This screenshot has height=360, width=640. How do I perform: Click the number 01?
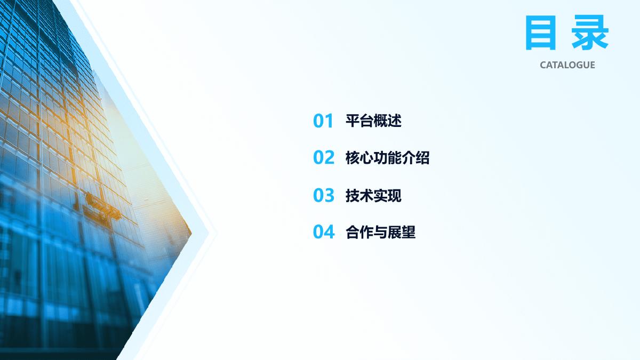click(323, 121)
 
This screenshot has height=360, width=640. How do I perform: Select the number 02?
click(324, 157)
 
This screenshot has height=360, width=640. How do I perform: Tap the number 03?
click(323, 195)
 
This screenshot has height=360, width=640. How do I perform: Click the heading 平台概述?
click(373, 121)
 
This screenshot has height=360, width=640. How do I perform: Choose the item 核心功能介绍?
click(387, 157)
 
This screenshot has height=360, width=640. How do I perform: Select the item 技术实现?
click(373, 195)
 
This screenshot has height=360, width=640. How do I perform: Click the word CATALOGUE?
click(567, 65)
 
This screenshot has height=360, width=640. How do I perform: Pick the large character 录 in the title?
click(590, 33)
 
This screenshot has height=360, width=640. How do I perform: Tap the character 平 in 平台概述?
click(353, 121)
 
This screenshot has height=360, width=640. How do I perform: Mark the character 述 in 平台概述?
click(395, 121)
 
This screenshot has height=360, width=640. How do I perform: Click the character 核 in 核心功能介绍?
click(353, 157)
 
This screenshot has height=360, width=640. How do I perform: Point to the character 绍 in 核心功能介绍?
click(422, 157)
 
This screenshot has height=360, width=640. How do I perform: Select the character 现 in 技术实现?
click(395, 195)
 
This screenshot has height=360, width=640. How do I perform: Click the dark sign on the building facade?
click(102, 207)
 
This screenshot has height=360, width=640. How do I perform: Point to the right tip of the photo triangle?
click(191, 233)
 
